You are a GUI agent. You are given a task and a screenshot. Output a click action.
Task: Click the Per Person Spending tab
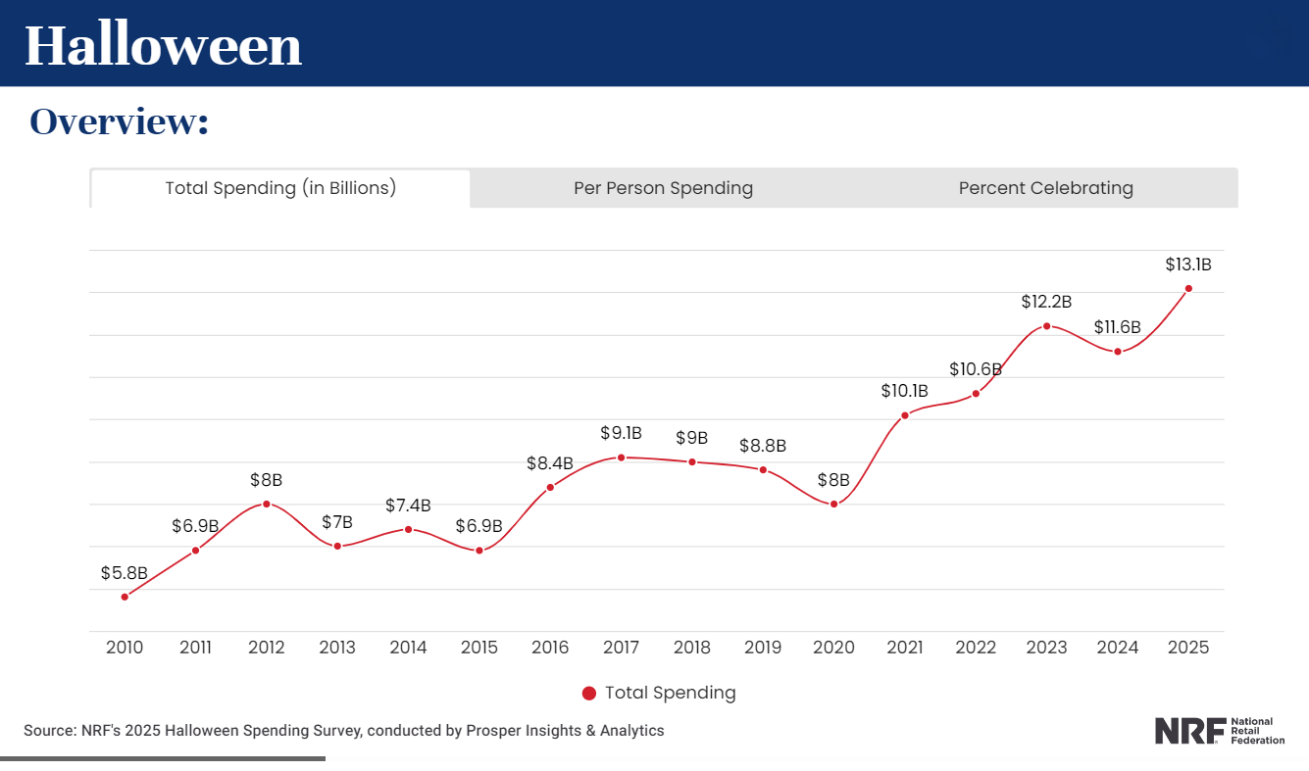[663, 188]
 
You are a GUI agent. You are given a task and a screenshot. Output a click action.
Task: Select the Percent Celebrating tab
[1045, 188]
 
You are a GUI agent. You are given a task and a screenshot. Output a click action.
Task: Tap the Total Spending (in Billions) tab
[280, 188]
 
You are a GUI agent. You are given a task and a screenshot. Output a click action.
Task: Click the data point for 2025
[1188, 288]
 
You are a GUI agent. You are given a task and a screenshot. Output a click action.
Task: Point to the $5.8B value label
[125, 572]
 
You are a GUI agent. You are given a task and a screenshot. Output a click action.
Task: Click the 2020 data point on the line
[834, 504]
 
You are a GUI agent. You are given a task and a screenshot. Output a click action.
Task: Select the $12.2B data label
[1046, 302]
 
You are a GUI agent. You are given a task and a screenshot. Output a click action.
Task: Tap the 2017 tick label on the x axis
[622, 648]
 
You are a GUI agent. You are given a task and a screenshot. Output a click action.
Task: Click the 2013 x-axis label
[337, 648]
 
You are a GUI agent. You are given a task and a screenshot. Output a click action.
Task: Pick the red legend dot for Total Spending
[589, 694]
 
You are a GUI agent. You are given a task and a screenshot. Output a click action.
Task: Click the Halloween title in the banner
[163, 45]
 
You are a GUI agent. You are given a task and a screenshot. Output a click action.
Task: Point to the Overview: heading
[119, 121]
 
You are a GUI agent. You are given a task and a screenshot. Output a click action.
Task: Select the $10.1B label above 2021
[905, 391]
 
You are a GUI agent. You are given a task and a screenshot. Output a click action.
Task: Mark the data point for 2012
[267, 504]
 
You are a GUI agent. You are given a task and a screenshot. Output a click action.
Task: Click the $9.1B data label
[621, 432]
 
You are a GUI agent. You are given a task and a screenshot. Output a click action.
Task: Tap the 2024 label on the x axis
[1118, 648]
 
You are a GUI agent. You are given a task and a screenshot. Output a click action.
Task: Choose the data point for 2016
[550, 487]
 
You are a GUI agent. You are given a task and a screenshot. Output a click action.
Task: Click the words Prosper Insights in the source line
[516, 731]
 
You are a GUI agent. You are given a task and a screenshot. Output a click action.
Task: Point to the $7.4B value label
[408, 506]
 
